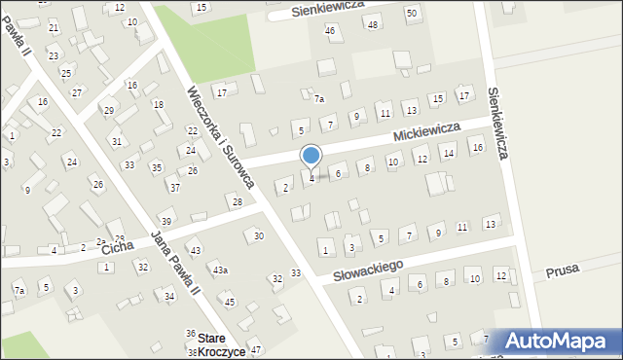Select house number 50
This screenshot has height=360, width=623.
(412, 13)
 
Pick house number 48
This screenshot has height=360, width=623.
(374, 23)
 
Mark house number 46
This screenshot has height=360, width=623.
(330, 31)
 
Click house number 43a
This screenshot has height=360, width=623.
(221, 270)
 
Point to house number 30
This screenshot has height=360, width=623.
(258, 236)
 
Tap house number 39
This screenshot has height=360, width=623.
(166, 223)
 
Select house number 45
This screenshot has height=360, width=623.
(230, 302)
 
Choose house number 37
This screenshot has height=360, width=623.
(174, 187)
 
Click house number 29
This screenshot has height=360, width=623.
(109, 110)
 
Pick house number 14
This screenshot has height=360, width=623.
(448, 154)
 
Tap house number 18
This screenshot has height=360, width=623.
(158, 104)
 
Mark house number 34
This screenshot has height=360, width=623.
(169, 296)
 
